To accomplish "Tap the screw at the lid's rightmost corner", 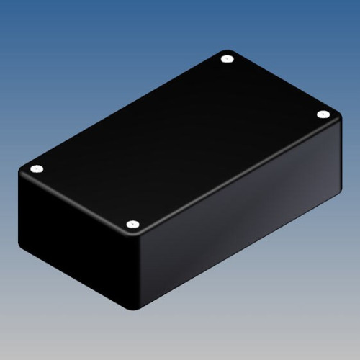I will tap(323, 114).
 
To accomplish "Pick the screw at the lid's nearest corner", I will tap(132, 225).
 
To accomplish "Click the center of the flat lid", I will tap(180, 142).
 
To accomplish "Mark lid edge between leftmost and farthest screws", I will tap(130, 108).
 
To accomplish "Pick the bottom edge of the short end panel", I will tap(76, 282).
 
